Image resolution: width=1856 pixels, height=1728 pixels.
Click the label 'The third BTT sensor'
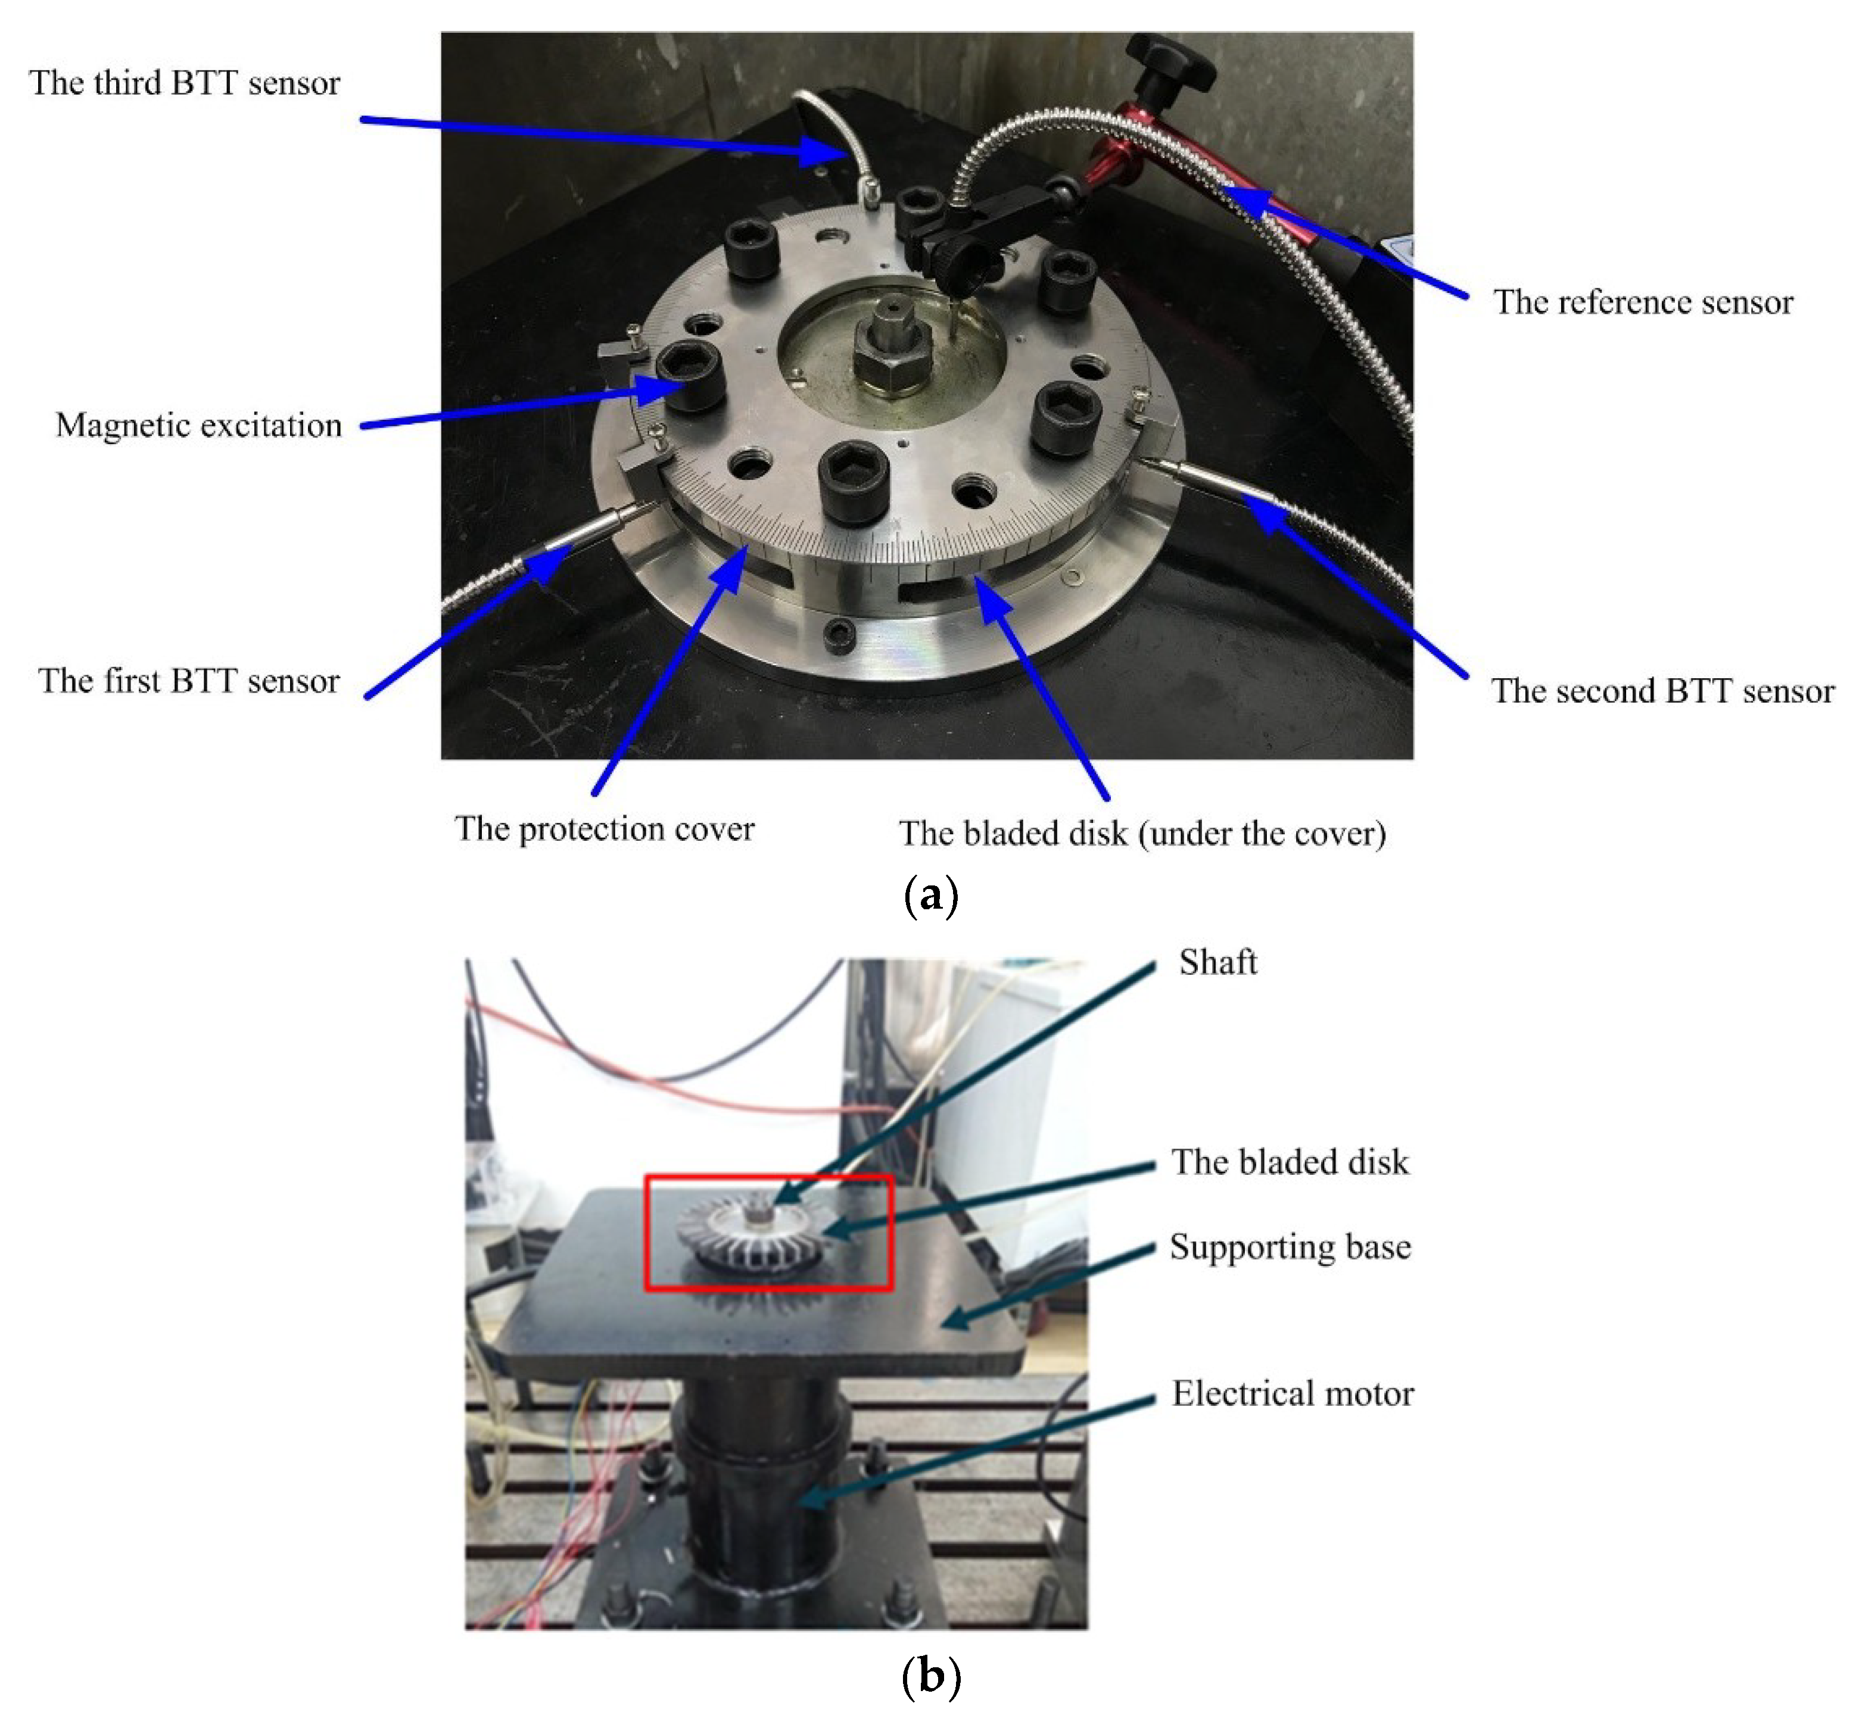(185, 83)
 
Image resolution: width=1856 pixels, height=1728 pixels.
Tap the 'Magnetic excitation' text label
(199, 426)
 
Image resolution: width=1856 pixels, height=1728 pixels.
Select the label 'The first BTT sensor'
(189, 681)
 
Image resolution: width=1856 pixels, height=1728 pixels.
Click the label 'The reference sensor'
(1643, 302)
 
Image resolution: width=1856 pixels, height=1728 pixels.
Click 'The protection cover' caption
(604, 829)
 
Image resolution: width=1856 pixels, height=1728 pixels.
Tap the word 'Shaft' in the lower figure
(1217, 962)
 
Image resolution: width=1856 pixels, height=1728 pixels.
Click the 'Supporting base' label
(1290, 1247)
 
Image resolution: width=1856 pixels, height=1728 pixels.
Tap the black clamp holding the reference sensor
(957, 247)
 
